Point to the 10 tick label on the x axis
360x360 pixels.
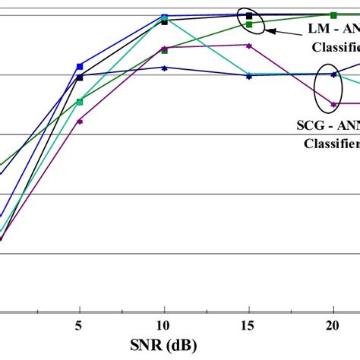click(164, 325)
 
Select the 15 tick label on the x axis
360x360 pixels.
click(248, 325)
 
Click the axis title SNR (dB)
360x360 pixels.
click(164, 346)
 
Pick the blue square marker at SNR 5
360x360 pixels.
click(80, 66)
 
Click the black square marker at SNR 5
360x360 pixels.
click(80, 77)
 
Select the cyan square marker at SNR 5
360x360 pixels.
click(80, 101)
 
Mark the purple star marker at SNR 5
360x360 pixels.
click(80, 122)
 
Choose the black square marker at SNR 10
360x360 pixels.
click(164, 22)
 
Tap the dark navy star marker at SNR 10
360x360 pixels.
click(164, 68)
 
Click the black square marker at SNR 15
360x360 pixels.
click(248, 15)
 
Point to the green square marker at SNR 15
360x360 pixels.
click(248, 25)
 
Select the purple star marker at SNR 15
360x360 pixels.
click(248, 46)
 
